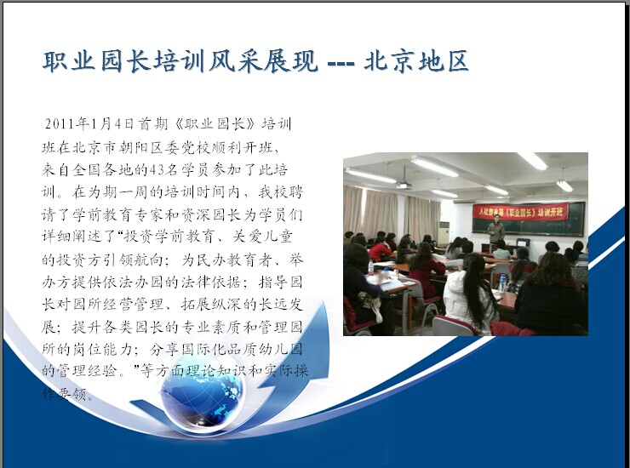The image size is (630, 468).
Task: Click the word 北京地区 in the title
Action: [x=416, y=61]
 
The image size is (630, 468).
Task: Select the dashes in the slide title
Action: [x=341, y=63]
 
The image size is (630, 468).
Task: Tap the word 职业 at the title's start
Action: [x=70, y=61]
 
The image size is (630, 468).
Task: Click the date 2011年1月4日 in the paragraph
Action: [x=89, y=123]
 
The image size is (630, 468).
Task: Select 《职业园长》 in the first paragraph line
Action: [x=215, y=123]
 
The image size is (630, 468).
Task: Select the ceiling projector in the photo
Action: [x=403, y=185]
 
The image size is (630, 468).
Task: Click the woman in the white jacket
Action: [x=468, y=295]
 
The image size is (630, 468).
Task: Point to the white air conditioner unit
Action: [x=444, y=232]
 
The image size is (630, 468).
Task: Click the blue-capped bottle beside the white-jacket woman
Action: [x=502, y=283]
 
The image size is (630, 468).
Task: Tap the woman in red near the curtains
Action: [x=379, y=249]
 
